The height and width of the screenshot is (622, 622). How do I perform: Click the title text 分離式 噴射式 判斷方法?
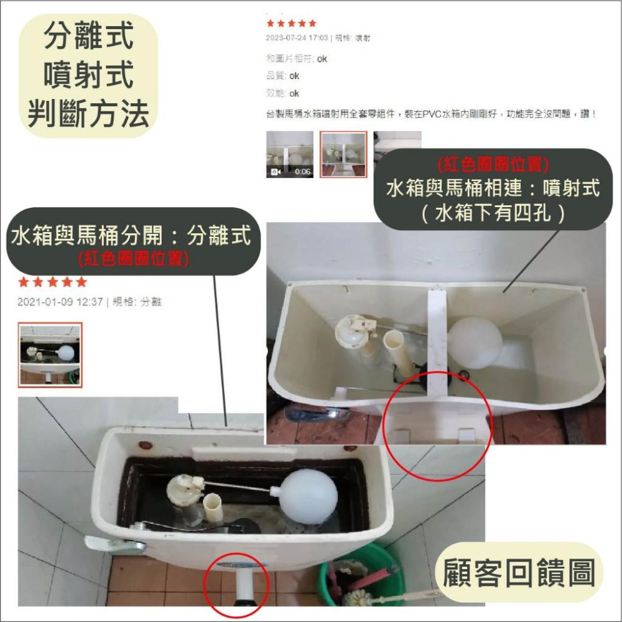tap(88, 75)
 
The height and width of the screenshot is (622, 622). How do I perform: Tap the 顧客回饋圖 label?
tap(519, 572)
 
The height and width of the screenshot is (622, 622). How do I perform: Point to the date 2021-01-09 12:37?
tap(60, 302)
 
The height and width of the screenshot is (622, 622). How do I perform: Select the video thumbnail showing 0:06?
tap(289, 154)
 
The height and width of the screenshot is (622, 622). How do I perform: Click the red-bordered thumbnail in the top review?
tap(343, 154)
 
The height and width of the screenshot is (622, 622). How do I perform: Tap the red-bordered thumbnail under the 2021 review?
tap(50, 354)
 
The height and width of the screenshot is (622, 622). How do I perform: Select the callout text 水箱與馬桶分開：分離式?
tap(131, 236)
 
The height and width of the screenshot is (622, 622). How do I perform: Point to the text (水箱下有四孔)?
tap(493, 213)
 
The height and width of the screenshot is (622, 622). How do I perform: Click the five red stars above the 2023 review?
tap(291, 24)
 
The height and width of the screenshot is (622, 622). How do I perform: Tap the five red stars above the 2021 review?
tap(52, 282)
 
